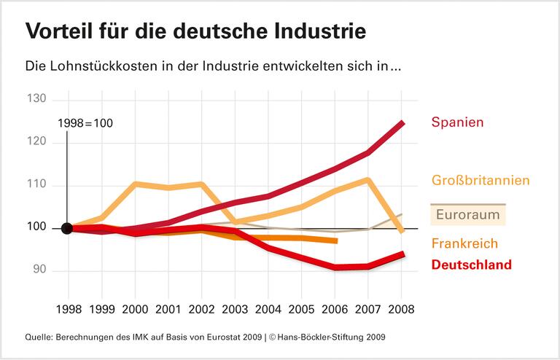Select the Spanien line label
pos(457,122)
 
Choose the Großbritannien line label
pos(480,180)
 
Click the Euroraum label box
pos(468,215)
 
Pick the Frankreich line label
pos(464,243)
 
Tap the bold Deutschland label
pos(471,265)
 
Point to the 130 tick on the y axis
pos(36,99)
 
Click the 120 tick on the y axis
pos(36,142)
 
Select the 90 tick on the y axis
pos(39,270)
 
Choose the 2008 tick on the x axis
pos(400,309)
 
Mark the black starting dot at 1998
pos(66,228)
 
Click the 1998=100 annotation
pos(85,123)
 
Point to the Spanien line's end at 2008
pos(401,123)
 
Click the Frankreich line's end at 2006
pos(335,240)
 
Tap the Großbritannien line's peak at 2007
pos(368,180)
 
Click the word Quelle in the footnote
pos(39,337)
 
